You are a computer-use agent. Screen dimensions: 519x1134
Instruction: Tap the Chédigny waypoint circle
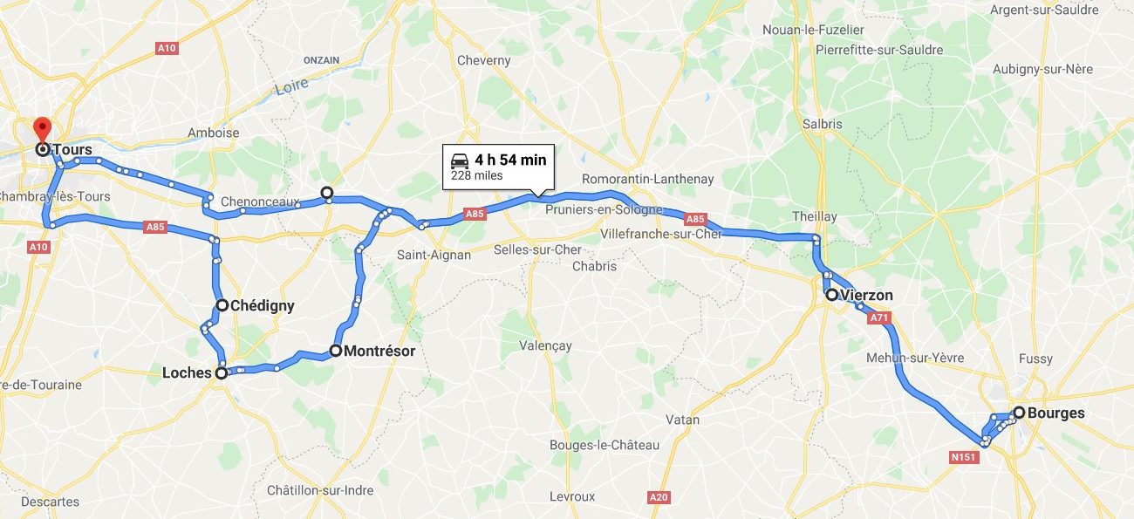click(222, 305)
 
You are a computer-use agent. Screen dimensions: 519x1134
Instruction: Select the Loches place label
click(187, 372)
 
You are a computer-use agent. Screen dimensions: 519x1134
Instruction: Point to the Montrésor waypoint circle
click(335, 351)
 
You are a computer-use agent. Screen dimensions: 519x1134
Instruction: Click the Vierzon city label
click(868, 295)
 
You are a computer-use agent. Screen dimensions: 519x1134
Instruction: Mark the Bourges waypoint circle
click(1019, 413)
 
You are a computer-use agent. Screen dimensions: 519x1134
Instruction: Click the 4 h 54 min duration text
click(510, 160)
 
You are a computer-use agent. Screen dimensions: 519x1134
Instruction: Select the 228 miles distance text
click(476, 175)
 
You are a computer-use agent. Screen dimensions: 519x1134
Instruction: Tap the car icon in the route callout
click(460, 160)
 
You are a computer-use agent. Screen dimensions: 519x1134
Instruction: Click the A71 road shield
click(878, 318)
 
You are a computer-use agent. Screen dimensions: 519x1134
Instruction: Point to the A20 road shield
click(659, 497)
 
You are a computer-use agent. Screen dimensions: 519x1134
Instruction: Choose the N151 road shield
click(964, 457)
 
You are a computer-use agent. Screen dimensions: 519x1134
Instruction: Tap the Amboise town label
click(213, 133)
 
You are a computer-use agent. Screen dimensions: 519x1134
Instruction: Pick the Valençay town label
click(545, 345)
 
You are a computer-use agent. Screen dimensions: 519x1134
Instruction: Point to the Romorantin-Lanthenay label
click(647, 179)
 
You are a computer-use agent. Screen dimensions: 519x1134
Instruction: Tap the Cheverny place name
click(483, 60)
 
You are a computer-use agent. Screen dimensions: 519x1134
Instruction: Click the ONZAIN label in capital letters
click(321, 60)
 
